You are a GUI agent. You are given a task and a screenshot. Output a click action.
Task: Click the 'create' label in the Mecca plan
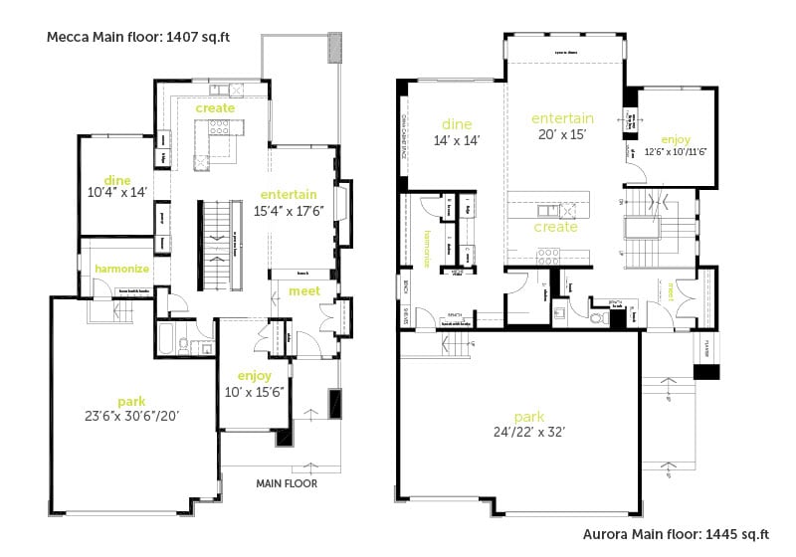click(x=215, y=107)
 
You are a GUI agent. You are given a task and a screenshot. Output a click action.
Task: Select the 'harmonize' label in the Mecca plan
click(x=121, y=269)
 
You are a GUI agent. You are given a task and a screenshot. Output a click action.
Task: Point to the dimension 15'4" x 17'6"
click(x=289, y=210)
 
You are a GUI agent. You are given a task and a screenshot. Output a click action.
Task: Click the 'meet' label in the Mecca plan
click(x=303, y=290)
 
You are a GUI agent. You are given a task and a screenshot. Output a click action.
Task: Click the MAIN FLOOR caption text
click(x=287, y=484)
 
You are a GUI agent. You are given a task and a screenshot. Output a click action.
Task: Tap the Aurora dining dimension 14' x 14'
click(x=456, y=140)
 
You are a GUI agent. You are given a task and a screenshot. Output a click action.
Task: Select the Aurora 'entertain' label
click(x=562, y=118)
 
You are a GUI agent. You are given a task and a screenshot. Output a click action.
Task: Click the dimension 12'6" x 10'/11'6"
click(x=675, y=152)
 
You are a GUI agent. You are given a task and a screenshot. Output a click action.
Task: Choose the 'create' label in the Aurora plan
click(x=555, y=227)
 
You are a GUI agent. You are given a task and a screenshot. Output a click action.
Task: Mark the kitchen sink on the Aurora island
click(x=545, y=210)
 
